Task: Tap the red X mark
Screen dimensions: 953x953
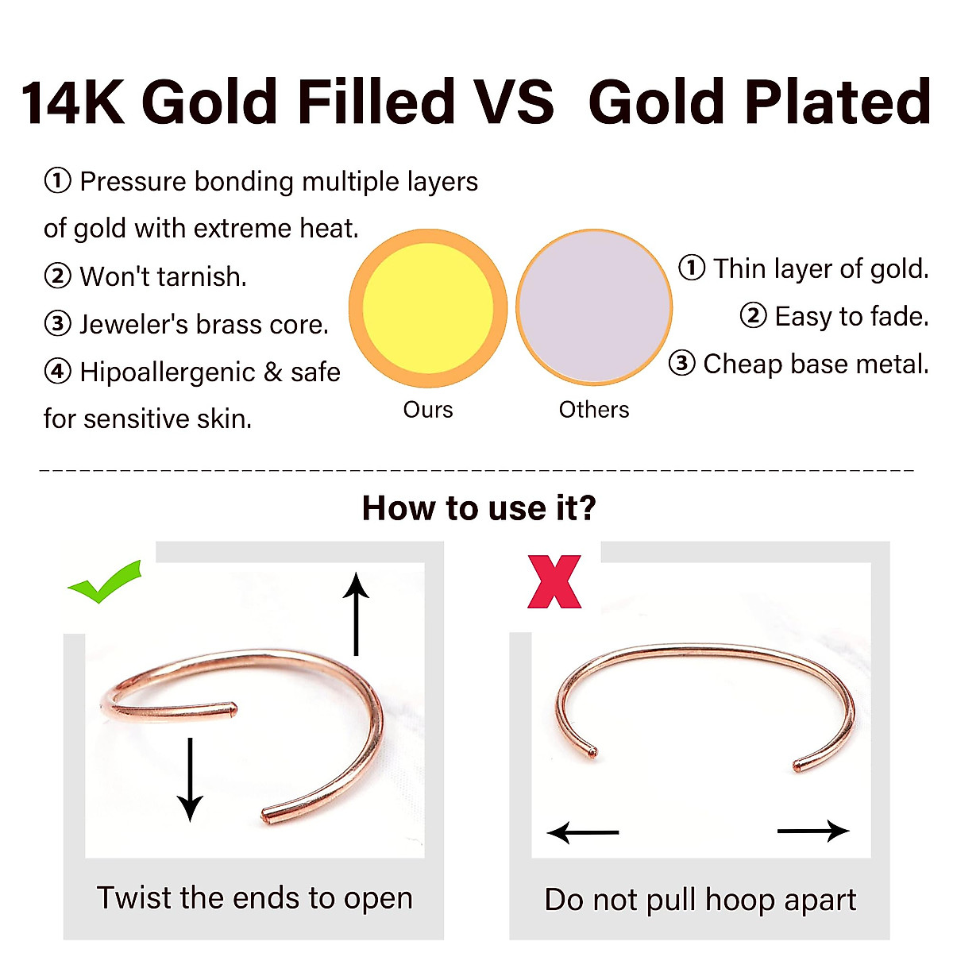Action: [x=554, y=581]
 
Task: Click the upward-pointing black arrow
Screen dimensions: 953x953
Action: [x=356, y=614]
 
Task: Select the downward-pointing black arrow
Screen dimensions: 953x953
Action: [x=190, y=780]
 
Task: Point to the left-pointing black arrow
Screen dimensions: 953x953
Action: [x=583, y=832]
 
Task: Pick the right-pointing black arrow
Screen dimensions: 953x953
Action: [x=813, y=831]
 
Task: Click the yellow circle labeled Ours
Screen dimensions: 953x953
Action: [x=428, y=308]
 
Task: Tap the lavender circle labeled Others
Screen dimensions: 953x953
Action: [x=594, y=307]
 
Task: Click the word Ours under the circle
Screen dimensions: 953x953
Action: [x=428, y=410]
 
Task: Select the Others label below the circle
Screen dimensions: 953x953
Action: [x=594, y=410]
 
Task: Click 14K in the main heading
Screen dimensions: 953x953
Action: [x=72, y=102]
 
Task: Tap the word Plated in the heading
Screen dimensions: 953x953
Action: [x=839, y=102]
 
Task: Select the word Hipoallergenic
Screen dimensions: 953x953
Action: [x=168, y=373]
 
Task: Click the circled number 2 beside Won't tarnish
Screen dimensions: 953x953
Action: [x=58, y=276]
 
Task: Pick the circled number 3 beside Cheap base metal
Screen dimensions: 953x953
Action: [x=682, y=363]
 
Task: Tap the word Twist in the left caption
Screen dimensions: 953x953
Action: [x=133, y=897]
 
